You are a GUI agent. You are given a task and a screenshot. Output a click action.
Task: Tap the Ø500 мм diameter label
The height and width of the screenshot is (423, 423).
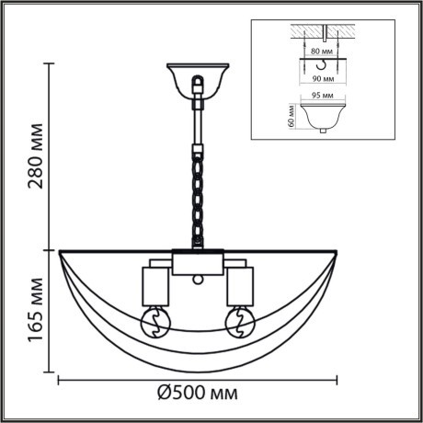[x=198, y=394]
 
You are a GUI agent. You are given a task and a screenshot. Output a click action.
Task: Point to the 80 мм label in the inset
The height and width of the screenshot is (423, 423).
[x=320, y=52]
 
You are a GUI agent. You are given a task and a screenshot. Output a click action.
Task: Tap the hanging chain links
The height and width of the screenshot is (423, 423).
[x=197, y=193]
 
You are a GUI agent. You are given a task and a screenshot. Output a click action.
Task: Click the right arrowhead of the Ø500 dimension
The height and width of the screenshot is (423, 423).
[x=331, y=381]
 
